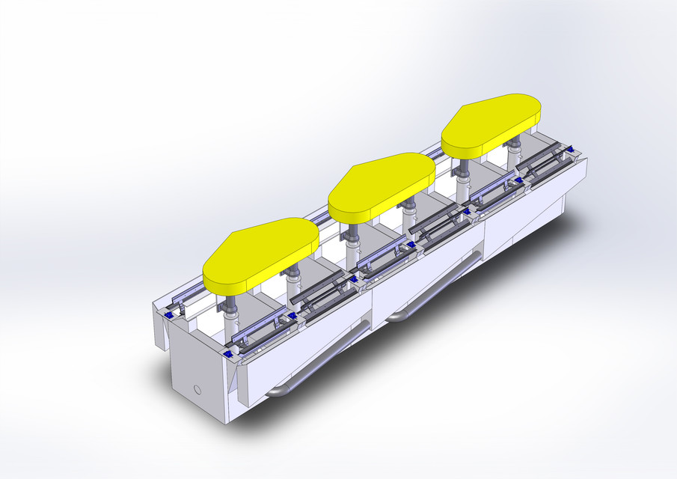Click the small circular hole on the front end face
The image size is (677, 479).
click(x=197, y=390)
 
